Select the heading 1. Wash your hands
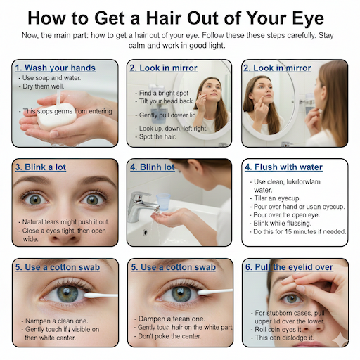(x=56, y=67)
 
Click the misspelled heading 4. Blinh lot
(x=152, y=167)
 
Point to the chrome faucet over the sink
(x=140, y=202)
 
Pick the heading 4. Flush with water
(x=283, y=167)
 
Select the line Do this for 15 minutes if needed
(x=300, y=231)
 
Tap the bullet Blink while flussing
(x=288, y=222)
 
